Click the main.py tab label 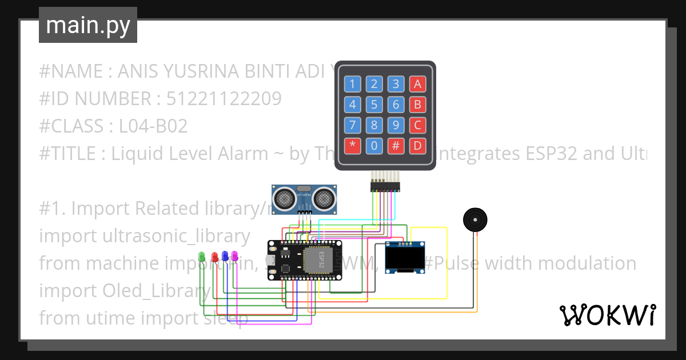pos(87,25)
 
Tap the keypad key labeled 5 pos(374,105)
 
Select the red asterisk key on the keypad pos(352,145)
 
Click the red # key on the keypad pos(396,145)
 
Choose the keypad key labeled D pos(417,145)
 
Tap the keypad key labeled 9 pos(396,125)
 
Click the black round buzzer pos(474,220)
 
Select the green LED pos(201,257)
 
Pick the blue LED pos(225,255)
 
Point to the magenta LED pos(234,255)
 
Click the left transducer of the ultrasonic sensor pos(285,198)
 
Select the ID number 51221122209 pos(224,99)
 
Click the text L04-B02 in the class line pos(153,126)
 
